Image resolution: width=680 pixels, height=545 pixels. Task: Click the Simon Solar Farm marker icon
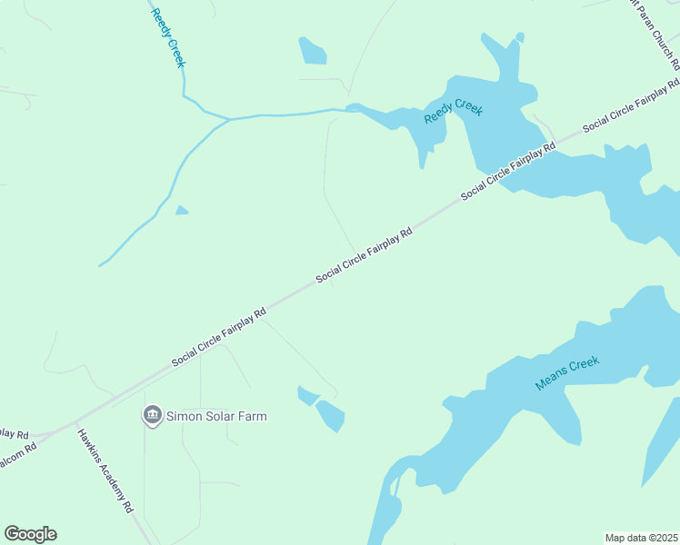click(152, 416)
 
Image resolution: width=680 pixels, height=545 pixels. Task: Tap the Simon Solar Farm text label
click(209, 417)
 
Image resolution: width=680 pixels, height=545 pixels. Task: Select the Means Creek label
click(567, 374)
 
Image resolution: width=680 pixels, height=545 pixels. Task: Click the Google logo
click(30, 534)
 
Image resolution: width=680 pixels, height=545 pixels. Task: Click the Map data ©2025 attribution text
click(642, 538)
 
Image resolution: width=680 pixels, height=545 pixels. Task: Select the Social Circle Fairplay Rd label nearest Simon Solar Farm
click(219, 338)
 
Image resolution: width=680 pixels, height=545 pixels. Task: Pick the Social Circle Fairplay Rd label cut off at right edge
click(634, 110)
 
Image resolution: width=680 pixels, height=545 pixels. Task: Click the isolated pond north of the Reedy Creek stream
click(312, 51)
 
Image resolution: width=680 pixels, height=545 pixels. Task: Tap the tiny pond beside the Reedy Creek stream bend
click(182, 211)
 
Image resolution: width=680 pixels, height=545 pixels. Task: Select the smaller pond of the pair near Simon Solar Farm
click(307, 395)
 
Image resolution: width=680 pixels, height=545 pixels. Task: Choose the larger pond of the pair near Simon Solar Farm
click(330, 416)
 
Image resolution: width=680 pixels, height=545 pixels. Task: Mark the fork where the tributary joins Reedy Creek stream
click(227, 118)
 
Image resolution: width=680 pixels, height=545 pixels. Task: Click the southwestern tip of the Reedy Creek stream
click(101, 265)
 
